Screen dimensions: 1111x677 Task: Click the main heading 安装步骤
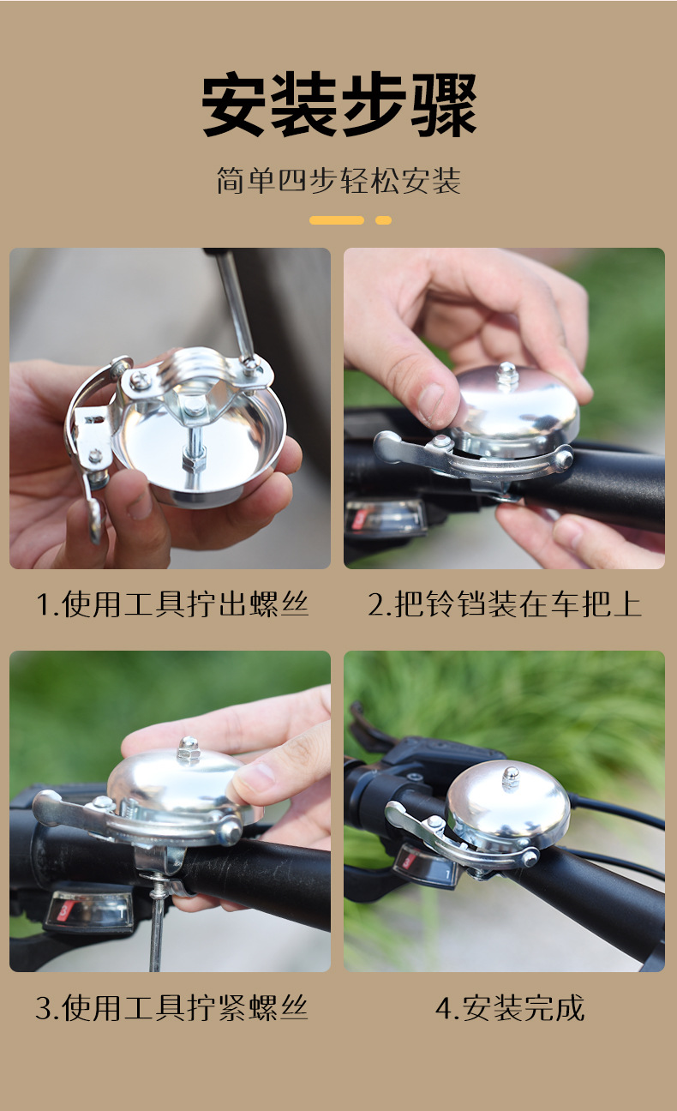point(338,105)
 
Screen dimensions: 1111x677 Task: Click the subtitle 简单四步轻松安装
point(338,182)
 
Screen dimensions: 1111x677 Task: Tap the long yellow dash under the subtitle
point(337,220)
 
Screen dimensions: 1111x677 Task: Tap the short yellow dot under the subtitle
point(383,220)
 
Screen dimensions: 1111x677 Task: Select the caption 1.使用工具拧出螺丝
point(171,604)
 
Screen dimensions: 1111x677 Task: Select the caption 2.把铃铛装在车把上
point(505,604)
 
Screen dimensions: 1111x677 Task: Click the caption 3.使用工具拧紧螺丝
point(171,1007)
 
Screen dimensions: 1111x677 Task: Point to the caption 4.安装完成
point(510,1007)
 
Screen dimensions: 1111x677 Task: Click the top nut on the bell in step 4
point(511,777)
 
